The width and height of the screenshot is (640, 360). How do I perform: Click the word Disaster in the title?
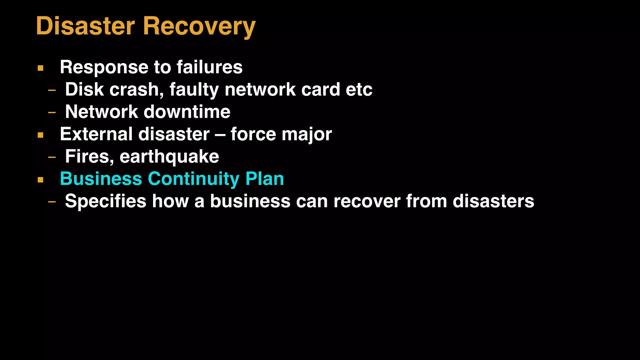click(x=85, y=26)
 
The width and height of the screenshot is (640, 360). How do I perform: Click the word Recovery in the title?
click(x=199, y=27)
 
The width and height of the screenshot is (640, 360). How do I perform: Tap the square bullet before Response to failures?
click(x=40, y=68)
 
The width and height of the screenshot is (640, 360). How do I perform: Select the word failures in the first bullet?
click(x=209, y=67)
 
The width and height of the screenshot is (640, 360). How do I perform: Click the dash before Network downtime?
click(x=52, y=112)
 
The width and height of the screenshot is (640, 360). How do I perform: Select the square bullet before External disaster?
click(x=40, y=135)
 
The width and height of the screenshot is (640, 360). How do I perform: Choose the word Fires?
click(x=89, y=157)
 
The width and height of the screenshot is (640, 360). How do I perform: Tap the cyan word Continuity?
click(x=194, y=179)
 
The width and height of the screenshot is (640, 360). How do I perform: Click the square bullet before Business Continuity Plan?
click(x=40, y=180)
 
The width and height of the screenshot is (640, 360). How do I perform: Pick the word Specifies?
click(x=106, y=201)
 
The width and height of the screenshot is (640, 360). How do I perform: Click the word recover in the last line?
click(x=367, y=201)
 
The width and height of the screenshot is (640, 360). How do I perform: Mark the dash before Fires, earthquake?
click(x=52, y=157)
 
